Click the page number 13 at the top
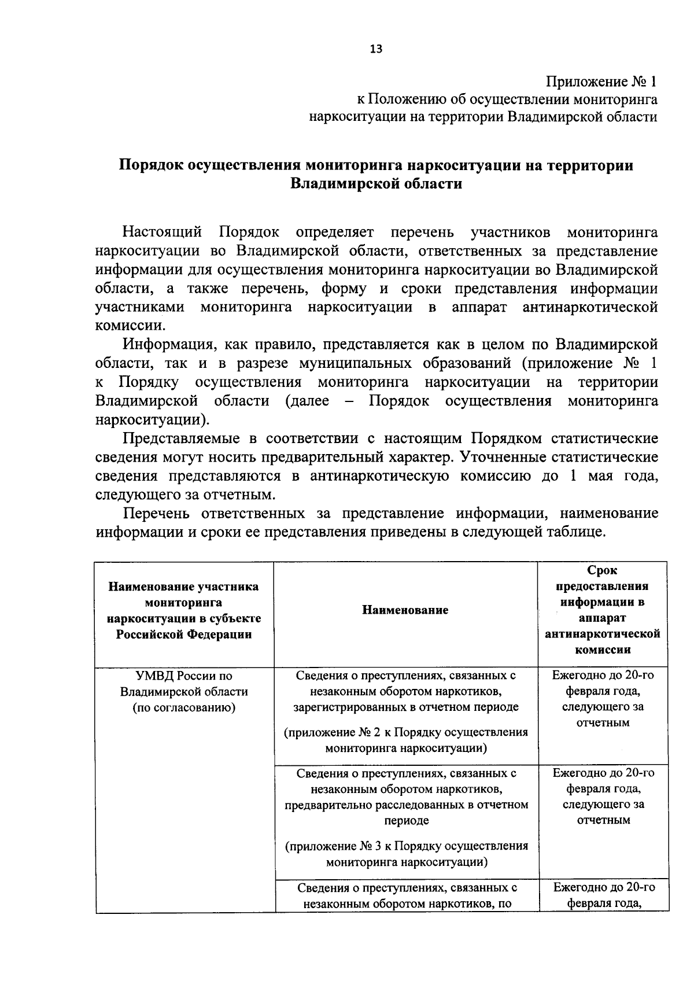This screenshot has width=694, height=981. coord(376,49)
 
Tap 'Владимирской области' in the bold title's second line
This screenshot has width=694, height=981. coord(376,185)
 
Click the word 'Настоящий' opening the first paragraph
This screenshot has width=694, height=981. coord(162,233)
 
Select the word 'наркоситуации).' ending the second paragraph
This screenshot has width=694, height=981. coord(153,419)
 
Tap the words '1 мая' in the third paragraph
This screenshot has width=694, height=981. coord(589,476)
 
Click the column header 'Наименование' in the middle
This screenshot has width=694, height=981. coord(405,610)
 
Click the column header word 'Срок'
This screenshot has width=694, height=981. coord(602,571)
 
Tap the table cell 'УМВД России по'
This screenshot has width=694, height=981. coord(184,676)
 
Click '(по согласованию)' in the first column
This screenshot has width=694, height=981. coord(184,707)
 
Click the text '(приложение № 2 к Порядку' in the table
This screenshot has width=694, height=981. coord(370,733)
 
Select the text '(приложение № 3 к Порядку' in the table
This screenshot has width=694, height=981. coord(370,846)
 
